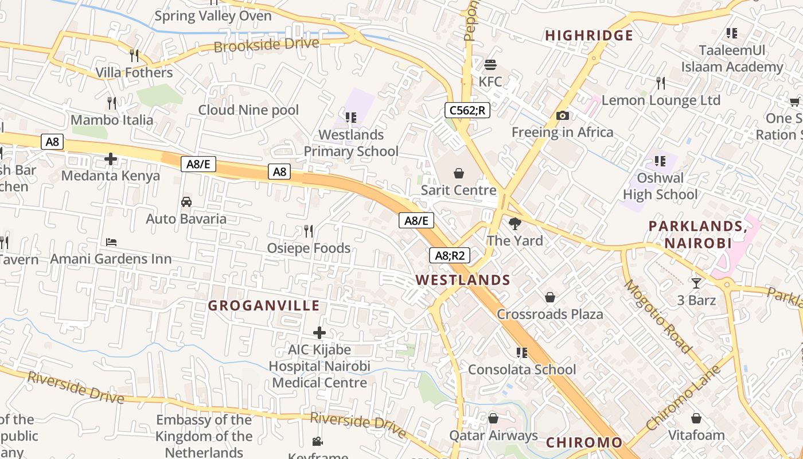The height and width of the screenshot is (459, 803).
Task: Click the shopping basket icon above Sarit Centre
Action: click(458, 173)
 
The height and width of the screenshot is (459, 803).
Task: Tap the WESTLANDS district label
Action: click(463, 280)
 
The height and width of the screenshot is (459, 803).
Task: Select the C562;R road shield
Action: click(467, 110)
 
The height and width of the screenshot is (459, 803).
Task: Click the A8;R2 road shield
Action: click(450, 255)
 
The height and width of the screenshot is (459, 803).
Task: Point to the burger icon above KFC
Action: click(490, 64)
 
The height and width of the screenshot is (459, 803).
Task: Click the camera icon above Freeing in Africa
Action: click(562, 115)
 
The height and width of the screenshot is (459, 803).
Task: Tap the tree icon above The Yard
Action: click(514, 224)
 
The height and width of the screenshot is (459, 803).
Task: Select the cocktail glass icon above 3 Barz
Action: click(696, 283)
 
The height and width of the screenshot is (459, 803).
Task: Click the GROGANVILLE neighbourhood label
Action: click(263, 305)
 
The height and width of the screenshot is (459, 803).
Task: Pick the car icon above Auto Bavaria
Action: click(186, 201)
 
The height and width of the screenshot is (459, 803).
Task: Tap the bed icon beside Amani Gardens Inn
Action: click(111, 242)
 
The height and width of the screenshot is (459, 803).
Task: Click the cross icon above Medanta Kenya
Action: click(111, 158)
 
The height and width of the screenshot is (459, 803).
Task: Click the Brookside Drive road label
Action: click(266, 45)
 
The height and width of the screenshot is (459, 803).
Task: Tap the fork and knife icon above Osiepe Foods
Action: click(309, 231)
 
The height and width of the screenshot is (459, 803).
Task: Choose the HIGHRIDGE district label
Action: click(589, 36)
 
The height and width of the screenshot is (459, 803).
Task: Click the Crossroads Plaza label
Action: click(549, 314)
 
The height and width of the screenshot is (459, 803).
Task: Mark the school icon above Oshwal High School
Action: click(660, 161)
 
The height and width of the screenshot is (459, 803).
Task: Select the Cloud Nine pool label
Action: click(248, 110)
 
